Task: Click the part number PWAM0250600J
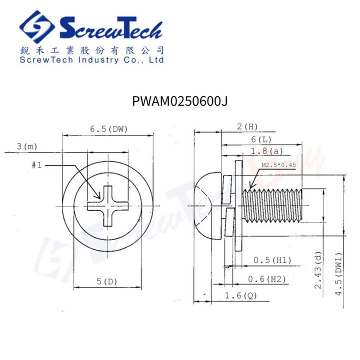click(x=180, y=101)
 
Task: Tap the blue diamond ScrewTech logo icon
click(x=37, y=27)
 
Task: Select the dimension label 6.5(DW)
click(x=108, y=129)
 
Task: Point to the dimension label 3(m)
click(x=27, y=146)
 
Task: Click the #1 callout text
click(x=36, y=165)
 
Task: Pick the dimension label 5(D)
click(x=107, y=281)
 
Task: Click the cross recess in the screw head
click(x=107, y=206)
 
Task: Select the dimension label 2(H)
click(x=247, y=126)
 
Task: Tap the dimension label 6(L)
click(x=261, y=139)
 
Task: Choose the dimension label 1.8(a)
click(x=267, y=151)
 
